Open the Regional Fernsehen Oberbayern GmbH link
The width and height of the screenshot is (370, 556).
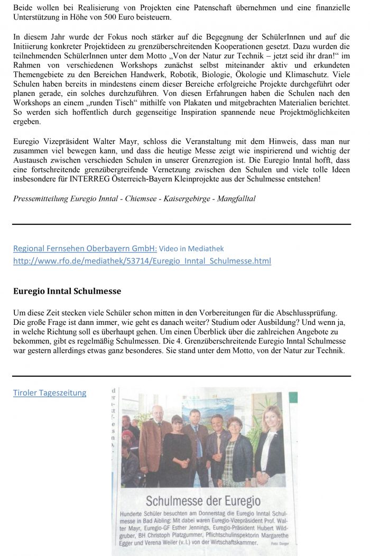(x=85, y=248)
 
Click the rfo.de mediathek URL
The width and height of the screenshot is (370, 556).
(x=142, y=261)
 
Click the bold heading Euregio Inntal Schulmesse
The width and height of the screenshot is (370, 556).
(x=67, y=291)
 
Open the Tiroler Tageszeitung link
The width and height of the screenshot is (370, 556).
(x=50, y=393)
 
